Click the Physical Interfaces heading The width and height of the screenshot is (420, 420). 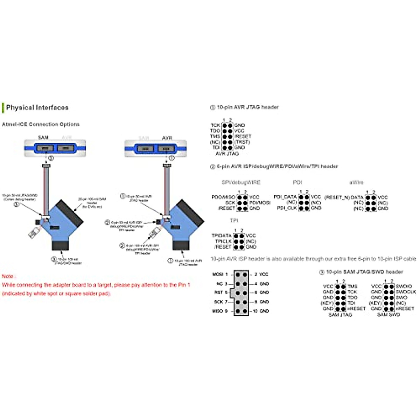coord(37,108)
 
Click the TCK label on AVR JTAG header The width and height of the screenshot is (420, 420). coord(215,125)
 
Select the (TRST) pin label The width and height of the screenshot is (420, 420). coord(242,142)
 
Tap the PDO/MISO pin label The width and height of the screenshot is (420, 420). coord(223,197)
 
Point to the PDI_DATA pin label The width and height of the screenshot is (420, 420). coord(285,197)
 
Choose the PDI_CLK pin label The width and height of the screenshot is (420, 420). coord(287,208)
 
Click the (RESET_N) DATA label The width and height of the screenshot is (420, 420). coord(344,197)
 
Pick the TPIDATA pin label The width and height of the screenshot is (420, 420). coord(221,236)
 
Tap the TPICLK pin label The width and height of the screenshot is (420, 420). coord(223,241)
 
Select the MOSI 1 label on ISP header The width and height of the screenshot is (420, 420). coord(220,274)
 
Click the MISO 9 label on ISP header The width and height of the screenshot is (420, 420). coord(220,311)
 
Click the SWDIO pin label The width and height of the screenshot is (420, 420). coord(404,286)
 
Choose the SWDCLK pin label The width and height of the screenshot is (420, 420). coord(406,292)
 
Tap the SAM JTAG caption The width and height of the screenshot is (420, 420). coord(340,315)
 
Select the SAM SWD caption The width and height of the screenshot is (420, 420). coord(388,315)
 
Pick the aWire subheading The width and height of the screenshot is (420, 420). coord(356,182)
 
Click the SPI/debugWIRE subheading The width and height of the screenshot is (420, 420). coord(241,182)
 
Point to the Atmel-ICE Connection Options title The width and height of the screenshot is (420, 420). coord(41,124)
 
